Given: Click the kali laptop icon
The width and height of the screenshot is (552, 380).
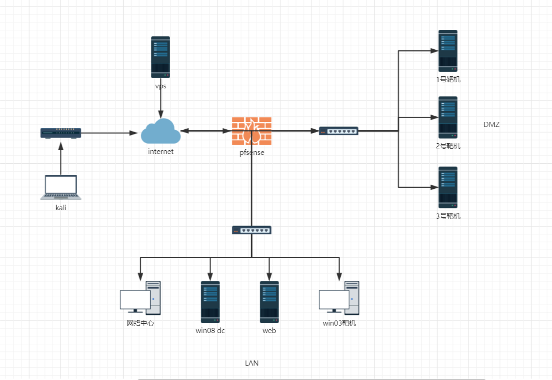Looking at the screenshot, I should (x=61, y=187).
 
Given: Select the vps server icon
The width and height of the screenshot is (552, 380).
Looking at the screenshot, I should (x=160, y=57).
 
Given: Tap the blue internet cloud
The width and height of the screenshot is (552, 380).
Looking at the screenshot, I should (x=161, y=131).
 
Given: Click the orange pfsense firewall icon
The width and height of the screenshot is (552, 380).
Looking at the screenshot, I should (x=252, y=131).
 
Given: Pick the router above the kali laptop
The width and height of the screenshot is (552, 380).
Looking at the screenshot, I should (x=61, y=133).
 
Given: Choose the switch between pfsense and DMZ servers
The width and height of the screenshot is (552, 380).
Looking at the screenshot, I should (x=339, y=131).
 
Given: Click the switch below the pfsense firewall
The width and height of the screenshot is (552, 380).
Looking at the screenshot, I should (x=252, y=230).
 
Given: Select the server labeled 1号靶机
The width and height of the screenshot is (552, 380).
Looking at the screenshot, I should (x=448, y=51).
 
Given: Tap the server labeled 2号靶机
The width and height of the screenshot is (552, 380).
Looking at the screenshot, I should (x=448, y=117).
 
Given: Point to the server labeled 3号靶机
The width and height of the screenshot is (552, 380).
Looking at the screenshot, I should (x=448, y=187).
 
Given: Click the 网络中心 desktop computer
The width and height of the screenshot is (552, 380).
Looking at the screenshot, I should (x=140, y=298).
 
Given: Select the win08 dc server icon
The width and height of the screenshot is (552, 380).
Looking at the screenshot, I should (x=210, y=302).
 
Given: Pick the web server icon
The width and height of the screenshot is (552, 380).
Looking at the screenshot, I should (x=269, y=302).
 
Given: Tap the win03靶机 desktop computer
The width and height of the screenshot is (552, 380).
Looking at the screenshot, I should (x=339, y=298).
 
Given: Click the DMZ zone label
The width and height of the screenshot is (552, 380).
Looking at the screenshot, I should (x=491, y=124).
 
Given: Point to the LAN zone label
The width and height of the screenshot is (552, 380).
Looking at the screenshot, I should (x=252, y=363).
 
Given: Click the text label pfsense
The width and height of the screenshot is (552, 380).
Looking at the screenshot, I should (x=252, y=153).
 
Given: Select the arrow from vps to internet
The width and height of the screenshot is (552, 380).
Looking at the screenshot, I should (x=160, y=100).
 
